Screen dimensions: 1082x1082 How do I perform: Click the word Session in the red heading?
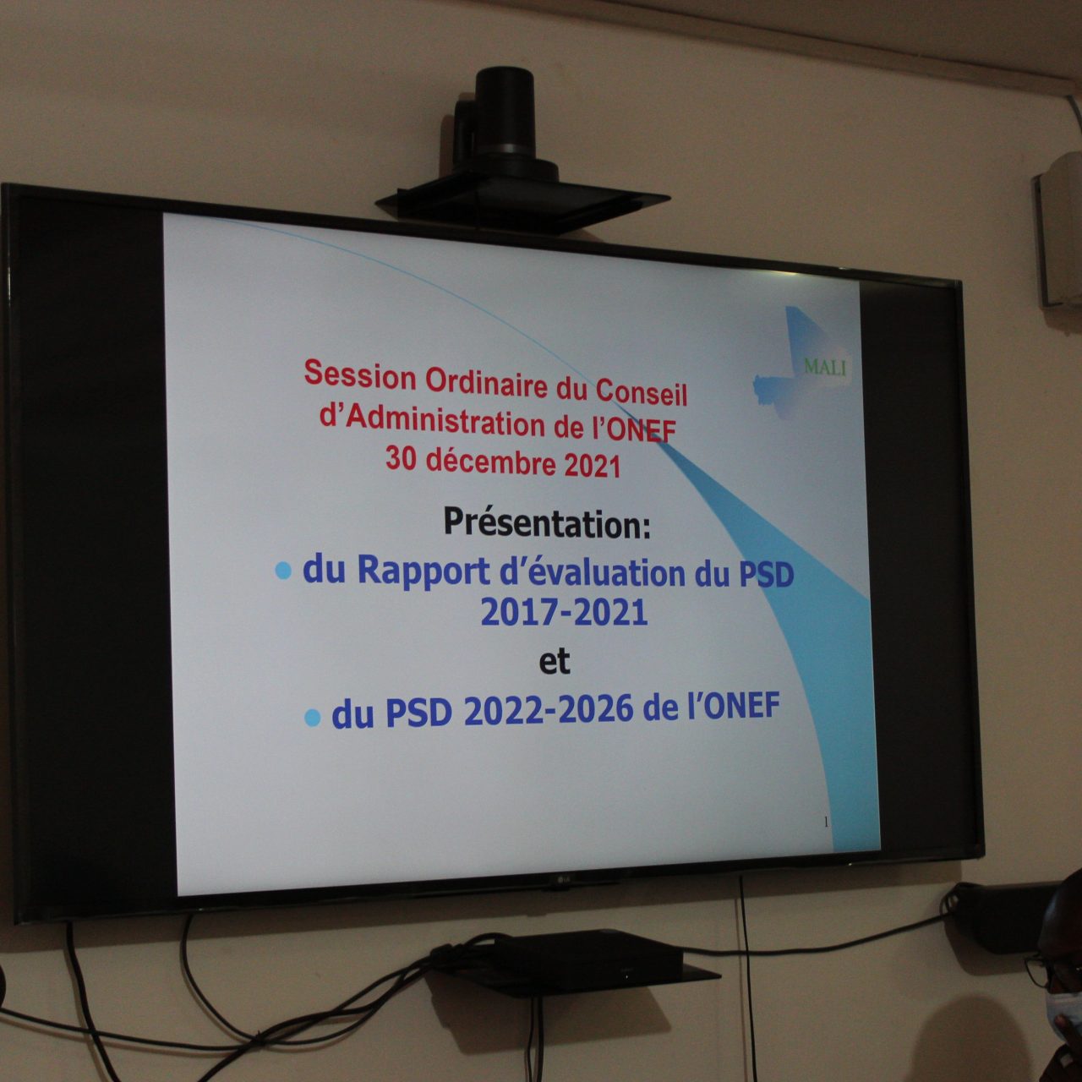[360, 376]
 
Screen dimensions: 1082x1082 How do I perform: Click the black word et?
[555, 662]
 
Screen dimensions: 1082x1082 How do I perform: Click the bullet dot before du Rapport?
[283, 571]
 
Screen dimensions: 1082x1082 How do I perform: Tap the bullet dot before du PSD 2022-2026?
[312, 718]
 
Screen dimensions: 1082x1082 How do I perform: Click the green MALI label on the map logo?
[825, 367]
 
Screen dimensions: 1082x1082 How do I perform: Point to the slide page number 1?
[826, 822]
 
